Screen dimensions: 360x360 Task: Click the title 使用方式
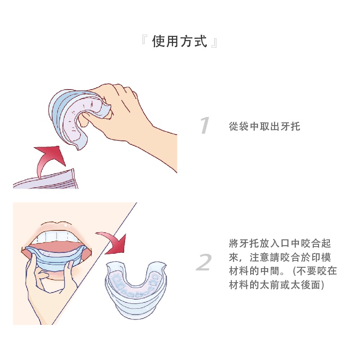179,41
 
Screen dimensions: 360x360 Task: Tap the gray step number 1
205,125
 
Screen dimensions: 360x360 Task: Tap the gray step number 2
204,262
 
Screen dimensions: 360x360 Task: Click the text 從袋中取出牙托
265,126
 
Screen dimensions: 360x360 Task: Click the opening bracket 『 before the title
144,39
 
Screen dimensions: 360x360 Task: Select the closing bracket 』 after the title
214,43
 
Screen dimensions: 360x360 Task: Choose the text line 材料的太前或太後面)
276,285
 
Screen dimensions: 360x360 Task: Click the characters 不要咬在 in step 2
317,271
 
